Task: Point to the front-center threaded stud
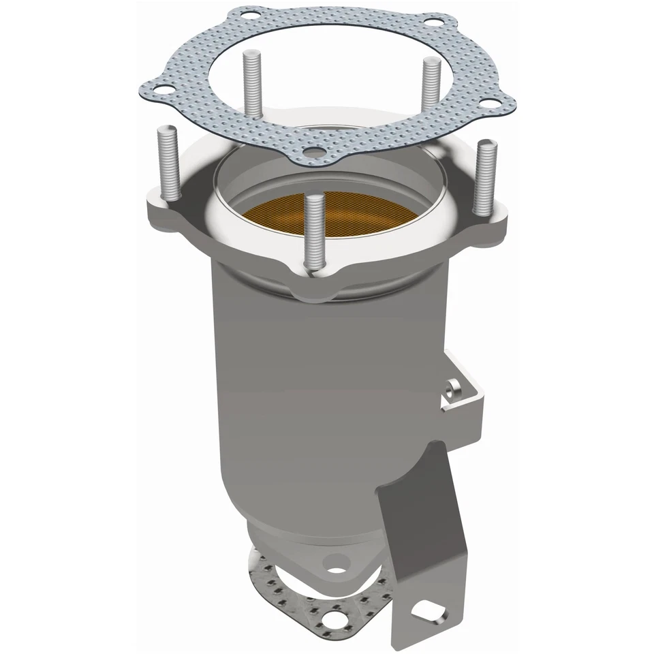click(314, 232)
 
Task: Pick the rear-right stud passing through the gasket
click(429, 89)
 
